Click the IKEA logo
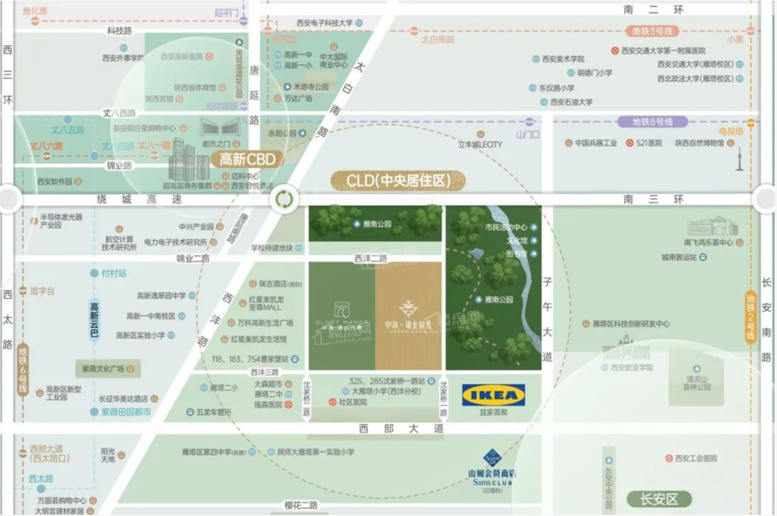pyautogui.click(x=493, y=395)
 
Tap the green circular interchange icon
pyautogui.click(x=284, y=199)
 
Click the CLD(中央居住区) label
pyautogui.click(x=398, y=181)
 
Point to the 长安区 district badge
pyautogui.click(x=658, y=499)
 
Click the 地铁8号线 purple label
pyautogui.click(x=652, y=122)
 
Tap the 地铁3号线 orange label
pyautogui.click(x=652, y=31)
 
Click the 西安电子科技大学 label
pyautogui.click(x=324, y=23)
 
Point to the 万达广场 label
pyautogui.click(x=298, y=98)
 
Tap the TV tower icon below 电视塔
pyautogui.click(x=739, y=157)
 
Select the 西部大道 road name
pyautogui.click(x=402, y=429)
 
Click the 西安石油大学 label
pyautogui.click(x=571, y=102)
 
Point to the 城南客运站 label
pyautogui.click(x=679, y=257)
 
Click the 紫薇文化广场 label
pyautogui.click(x=103, y=369)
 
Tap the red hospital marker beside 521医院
pyautogui.click(x=630, y=143)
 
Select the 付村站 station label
pyautogui.click(x=114, y=273)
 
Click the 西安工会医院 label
pyautogui.click(x=696, y=459)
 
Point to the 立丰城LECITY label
pyautogui.click(x=480, y=145)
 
